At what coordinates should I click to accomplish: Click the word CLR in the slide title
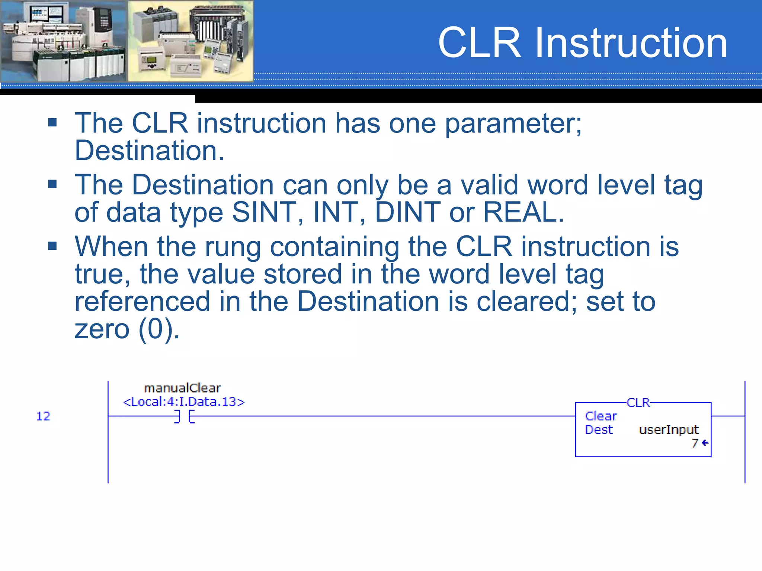click(480, 43)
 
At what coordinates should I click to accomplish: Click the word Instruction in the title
click(631, 43)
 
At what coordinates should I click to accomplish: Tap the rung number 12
click(43, 416)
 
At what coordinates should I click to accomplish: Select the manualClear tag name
click(182, 388)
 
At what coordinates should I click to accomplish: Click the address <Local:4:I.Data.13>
click(184, 402)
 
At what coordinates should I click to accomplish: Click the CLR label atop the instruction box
click(638, 403)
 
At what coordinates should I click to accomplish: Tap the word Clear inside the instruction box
click(601, 416)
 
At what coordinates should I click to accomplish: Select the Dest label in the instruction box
click(599, 430)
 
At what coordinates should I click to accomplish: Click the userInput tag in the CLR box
click(669, 430)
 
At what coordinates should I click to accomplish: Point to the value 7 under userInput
click(695, 443)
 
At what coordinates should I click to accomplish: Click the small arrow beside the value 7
click(705, 443)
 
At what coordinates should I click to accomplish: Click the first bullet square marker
click(52, 123)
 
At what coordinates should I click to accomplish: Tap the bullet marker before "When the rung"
click(52, 246)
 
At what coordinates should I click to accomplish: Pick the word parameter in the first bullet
click(513, 124)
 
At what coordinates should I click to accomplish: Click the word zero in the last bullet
click(102, 329)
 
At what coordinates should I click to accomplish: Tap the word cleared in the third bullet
click(526, 301)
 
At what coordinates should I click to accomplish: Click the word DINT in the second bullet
click(407, 213)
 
